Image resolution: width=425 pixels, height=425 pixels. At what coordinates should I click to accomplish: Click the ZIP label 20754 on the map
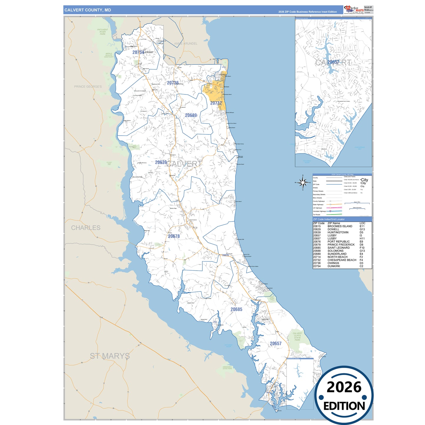coord(138,52)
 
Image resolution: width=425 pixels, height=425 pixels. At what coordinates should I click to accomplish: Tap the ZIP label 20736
coord(173,83)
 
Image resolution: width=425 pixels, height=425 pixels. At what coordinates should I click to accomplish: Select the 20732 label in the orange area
coord(216,103)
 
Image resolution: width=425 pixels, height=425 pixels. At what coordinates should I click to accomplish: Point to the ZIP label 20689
coord(191,116)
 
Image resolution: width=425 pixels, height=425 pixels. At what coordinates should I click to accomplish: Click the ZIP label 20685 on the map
coord(236,309)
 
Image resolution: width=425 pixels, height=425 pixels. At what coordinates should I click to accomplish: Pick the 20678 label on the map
coord(174,236)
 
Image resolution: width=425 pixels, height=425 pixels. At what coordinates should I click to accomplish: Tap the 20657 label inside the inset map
coord(334,62)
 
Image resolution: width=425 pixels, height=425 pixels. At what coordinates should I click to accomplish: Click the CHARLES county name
coord(86,228)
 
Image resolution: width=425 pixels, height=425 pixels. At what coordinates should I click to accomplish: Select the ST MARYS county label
coord(110,356)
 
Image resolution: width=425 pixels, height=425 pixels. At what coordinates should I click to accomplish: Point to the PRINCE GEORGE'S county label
coord(88,87)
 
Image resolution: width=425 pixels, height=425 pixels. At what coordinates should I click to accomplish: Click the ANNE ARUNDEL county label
coord(186,44)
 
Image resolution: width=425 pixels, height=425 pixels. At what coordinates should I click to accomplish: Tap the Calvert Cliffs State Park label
coord(297,336)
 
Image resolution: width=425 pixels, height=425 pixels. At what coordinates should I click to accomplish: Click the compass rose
coord(303,183)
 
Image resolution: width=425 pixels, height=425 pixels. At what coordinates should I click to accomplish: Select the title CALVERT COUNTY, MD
coord(88,10)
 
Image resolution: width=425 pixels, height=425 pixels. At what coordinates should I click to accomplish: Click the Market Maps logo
coord(354,10)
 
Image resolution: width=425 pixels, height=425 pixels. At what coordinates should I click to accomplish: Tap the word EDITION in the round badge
coord(344,406)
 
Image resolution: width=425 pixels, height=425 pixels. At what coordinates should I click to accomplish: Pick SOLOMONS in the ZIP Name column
coord(335,251)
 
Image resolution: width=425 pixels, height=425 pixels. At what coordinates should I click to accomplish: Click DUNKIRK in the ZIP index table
coord(334,266)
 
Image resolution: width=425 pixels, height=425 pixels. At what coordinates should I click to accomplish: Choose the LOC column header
coord(362,223)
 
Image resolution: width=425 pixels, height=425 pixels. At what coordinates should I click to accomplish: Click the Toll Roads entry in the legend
coord(316,215)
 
